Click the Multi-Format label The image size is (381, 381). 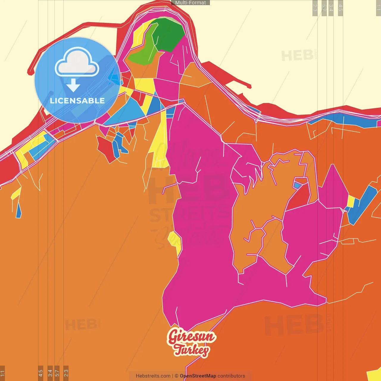tap(190, 3)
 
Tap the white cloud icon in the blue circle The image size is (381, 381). tap(77, 63)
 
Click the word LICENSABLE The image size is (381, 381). tap(77, 101)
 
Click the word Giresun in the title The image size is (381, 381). tap(191, 336)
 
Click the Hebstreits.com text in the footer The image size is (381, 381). tap(153, 376)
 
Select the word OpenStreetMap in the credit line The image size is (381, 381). tap(198, 376)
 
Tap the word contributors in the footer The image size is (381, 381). tap(231, 376)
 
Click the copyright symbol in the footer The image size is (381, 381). tap(177, 376)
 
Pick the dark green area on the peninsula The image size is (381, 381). tap(168, 34)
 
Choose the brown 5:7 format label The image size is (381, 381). tap(57, 373)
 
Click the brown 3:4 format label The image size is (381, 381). tap(50, 373)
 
